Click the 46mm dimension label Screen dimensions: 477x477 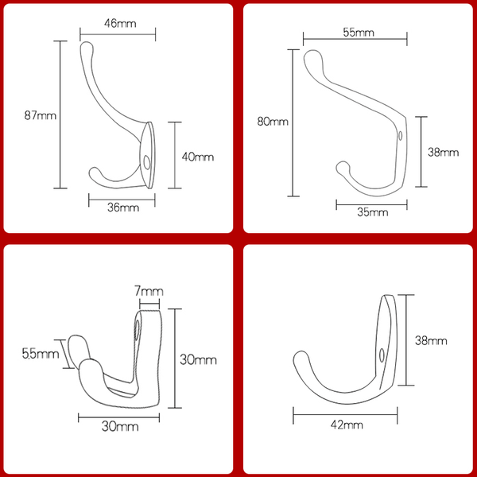point(120,23)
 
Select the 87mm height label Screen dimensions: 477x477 point(41,115)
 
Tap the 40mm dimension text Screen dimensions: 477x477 point(198,157)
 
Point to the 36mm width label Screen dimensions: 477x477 point(123,207)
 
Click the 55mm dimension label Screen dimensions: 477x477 point(359,33)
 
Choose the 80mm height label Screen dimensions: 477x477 point(273,122)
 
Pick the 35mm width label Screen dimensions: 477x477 point(373,212)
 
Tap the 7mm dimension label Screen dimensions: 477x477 point(149,292)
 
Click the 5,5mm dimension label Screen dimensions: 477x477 point(41,354)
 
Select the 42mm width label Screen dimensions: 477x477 point(347,425)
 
